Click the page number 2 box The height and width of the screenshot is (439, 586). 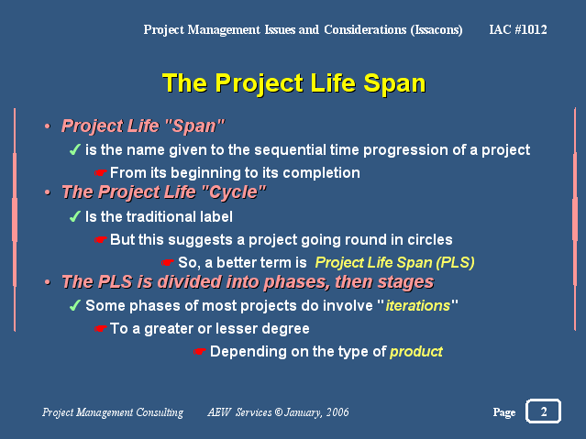click(x=543, y=411)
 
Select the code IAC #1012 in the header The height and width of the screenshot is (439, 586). click(x=518, y=29)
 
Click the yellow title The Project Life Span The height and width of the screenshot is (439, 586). click(x=294, y=82)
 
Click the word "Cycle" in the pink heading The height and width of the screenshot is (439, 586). click(x=233, y=192)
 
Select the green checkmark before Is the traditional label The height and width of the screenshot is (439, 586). click(x=75, y=216)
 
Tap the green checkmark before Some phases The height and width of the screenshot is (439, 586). click(x=75, y=305)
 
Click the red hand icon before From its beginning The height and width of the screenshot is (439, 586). click(x=101, y=172)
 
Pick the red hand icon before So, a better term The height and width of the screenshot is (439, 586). click(x=168, y=263)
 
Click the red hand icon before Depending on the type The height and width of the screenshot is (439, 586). click(x=200, y=352)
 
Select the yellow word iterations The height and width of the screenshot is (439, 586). click(x=418, y=305)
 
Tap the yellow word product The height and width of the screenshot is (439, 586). click(x=416, y=352)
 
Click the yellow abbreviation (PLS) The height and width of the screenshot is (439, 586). click(x=455, y=263)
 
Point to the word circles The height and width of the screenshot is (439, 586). click(x=430, y=240)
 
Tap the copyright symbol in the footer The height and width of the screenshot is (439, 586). click(x=279, y=412)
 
